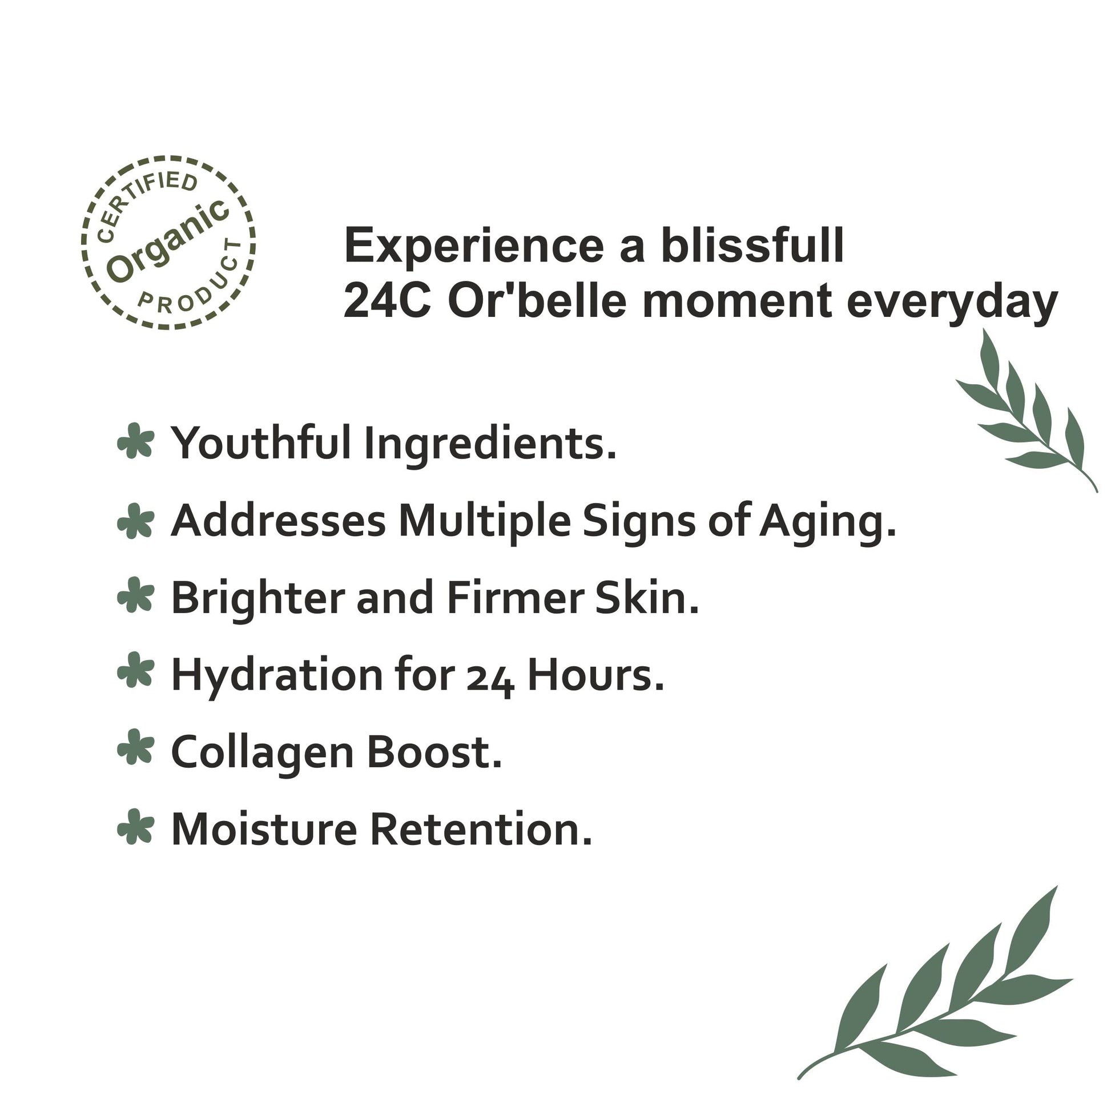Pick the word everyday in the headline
pyautogui.click(x=952, y=304)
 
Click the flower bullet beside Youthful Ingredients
pyautogui.click(x=136, y=441)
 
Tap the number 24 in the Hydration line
pyautogui.click(x=489, y=679)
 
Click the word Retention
pyautogui.click(x=481, y=830)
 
